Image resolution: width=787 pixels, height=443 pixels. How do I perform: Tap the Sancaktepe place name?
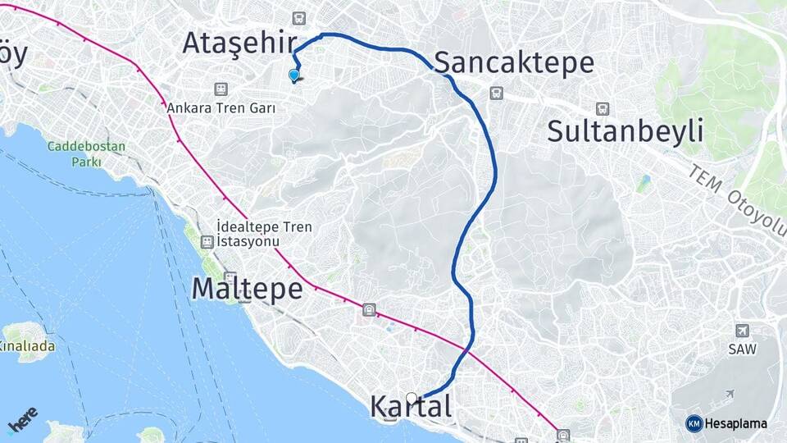(x=514, y=62)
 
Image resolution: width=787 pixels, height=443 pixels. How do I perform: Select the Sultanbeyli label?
(x=625, y=130)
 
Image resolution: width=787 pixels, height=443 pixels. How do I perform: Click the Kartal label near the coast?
(x=410, y=407)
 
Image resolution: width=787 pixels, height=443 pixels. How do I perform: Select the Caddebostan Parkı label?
(x=86, y=154)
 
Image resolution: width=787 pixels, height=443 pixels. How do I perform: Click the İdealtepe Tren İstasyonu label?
(x=264, y=234)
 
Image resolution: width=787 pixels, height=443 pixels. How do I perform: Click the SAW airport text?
(x=742, y=349)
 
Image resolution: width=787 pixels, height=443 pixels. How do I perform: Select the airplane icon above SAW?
(x=742, y=331)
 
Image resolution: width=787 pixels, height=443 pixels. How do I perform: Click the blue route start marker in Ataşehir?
(x=293, y=75)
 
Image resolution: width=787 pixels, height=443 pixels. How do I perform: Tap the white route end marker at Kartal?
(x=412, y=399)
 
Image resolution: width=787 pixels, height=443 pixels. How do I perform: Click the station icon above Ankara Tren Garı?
(x=220, y=89)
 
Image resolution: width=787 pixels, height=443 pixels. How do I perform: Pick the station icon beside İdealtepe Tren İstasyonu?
(x=207, y=241)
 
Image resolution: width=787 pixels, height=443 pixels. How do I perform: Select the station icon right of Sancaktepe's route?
(x=495, y=94)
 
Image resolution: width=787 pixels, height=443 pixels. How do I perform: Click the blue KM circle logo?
(x=694, y=423)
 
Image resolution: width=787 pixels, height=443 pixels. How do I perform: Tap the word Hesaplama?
(x=736, y=423)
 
